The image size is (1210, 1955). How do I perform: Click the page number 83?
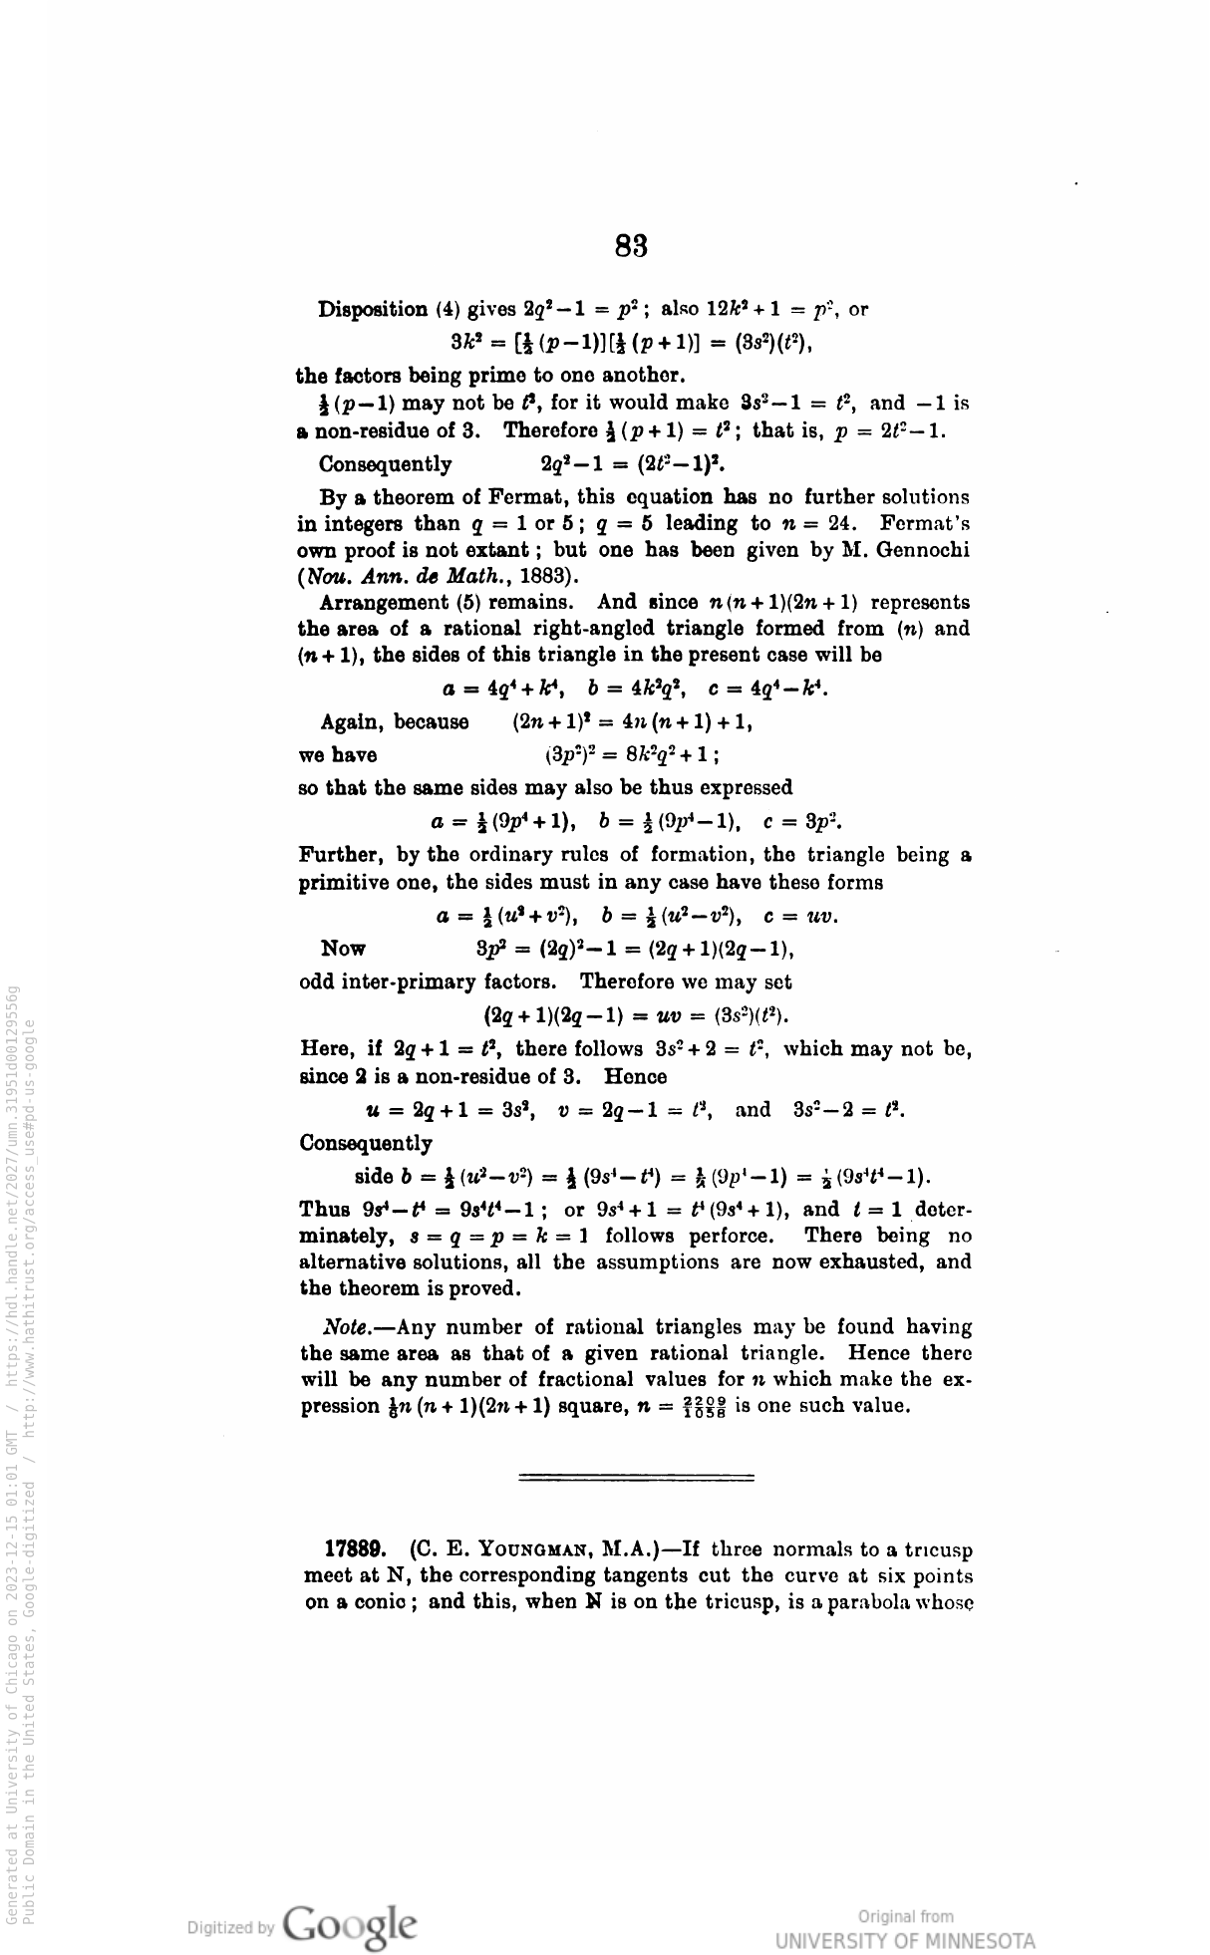pos(632,245)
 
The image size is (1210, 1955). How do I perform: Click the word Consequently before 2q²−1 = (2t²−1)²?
pos(385,464)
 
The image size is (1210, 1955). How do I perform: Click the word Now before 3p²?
pos(343,949)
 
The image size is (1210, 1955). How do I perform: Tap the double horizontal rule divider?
pos(636,1478)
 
